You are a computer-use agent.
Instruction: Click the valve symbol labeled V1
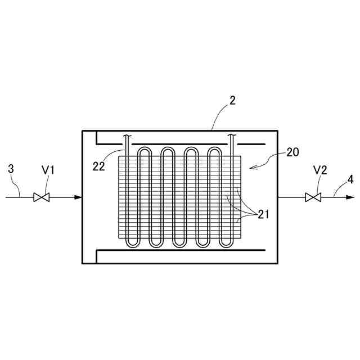pyautogui.click(x=41, y=197)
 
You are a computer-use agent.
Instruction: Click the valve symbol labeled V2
pyautogui.click(x=312, y=197)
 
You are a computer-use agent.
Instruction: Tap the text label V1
pyautogui.click(x=48, y=169)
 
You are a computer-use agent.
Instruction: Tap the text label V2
pyautogui.click(x=320, y=170)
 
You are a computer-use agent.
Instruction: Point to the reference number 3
pyautogui.click(x=11, y=168)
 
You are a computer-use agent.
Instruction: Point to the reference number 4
pyautogui.click(x=350, y=180)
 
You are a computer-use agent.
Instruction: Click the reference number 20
pyautogui.click(x=292, y=152)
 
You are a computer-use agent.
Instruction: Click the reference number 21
pyautogui.click(x=263, y=214)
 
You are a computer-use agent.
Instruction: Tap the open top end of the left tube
pyautogui.click(x=127, y=136)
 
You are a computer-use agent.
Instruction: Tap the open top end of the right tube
pyautogui.click(x=231, y=136)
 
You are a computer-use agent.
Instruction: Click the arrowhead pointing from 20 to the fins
pyautogui.click(x=251, y=166)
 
